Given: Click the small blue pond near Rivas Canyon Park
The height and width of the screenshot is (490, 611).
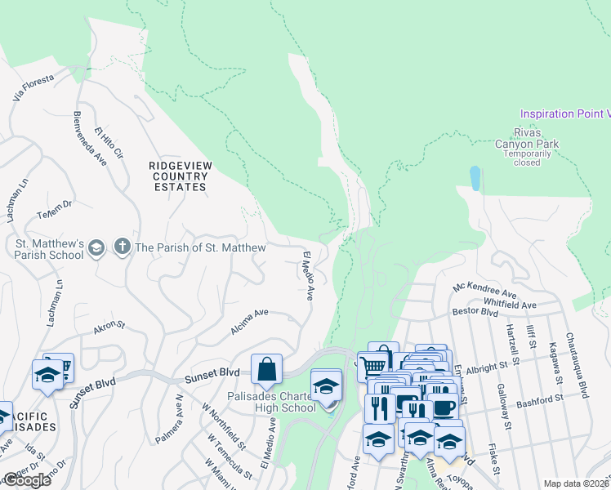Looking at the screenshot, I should pos(475,177).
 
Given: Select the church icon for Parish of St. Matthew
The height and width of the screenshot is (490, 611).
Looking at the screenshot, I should pos(122,247).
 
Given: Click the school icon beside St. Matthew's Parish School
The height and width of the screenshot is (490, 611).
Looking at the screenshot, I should pos(96,247).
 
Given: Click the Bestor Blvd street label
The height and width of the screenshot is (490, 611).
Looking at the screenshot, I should pos(475,312).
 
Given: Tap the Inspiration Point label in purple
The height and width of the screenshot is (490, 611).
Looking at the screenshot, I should pos(564,114).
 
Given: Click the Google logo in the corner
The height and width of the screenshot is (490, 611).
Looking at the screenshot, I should pos(27,480).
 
